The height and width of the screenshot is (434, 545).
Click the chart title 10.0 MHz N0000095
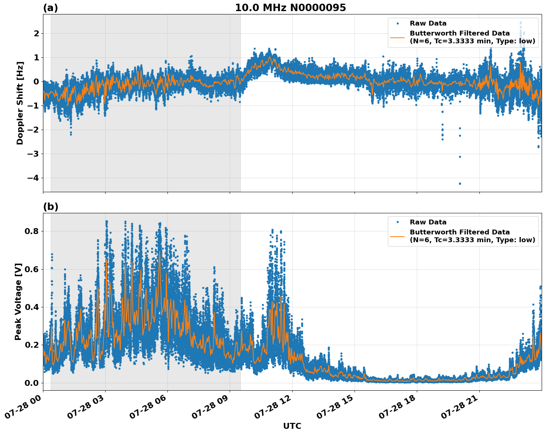click(x=290, y=8)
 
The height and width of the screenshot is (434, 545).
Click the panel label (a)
click(x=50, y=8)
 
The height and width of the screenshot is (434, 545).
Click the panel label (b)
click(x=50, y=207)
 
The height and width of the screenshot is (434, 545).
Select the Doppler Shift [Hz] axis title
click(x=20, y=103)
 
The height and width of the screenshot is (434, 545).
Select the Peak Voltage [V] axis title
click(x=18, y=301)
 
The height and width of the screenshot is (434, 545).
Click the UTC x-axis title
click(x=292, y=426)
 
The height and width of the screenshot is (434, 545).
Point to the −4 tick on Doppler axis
click(x=33, y=178)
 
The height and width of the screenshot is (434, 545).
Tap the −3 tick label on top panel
click(x=33, y=154)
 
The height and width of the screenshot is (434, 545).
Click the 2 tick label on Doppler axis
click(x=37, y=33)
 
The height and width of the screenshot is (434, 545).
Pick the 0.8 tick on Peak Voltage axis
click(x=31, y=231)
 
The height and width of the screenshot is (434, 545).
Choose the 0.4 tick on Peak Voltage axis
click(x=31, y=307)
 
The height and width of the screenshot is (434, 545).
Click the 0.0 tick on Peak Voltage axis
click(x=31, y=383)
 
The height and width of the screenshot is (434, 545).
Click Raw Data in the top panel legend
click(x=428, y=23)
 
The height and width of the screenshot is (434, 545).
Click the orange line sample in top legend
click(x=398, y=37)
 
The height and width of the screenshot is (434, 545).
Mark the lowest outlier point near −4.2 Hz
click(x=460, y=184)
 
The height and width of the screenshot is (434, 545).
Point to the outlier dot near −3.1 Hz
click(x=460, y=157)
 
